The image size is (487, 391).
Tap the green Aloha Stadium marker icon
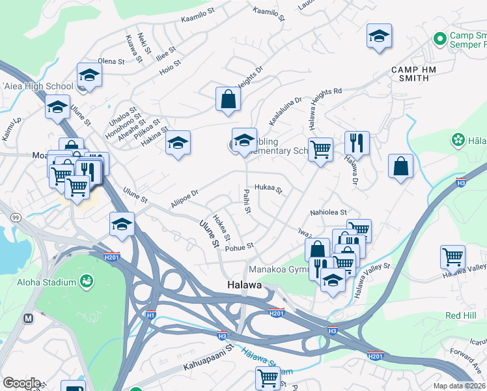click(x=85, y=281)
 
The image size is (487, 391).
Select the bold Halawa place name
click(x=244, y=285)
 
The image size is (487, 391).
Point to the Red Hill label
click(x=461, y=315)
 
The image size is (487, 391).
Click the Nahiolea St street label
click(x=329, y=212)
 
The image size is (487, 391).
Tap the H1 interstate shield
click(x=151, y=315)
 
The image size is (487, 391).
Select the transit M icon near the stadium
click(x=28, y=319)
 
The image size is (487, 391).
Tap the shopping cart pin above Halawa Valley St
click(x=452, y=256)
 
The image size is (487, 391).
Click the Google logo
click(x=21, y=383)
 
